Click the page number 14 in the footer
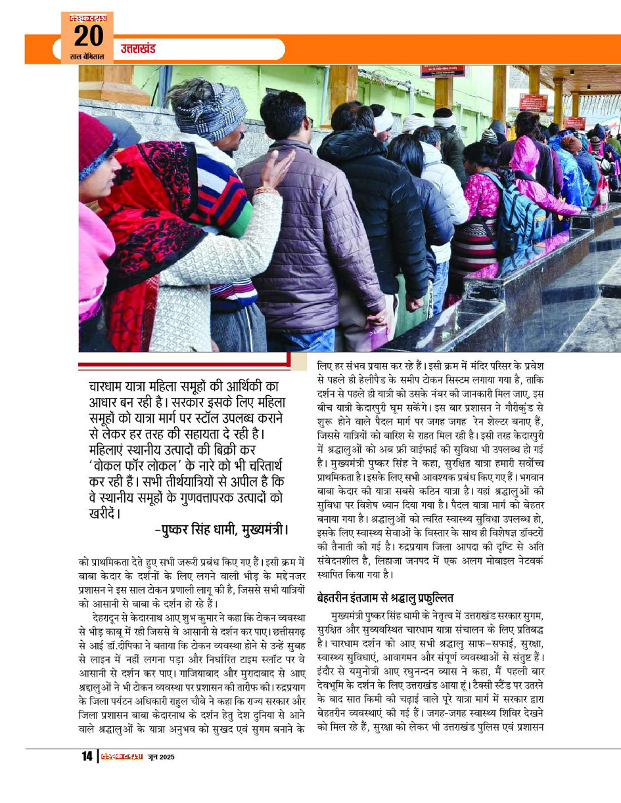pos(87,756)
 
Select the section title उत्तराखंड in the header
pos(138,49)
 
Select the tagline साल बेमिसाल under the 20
pos(87,57)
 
